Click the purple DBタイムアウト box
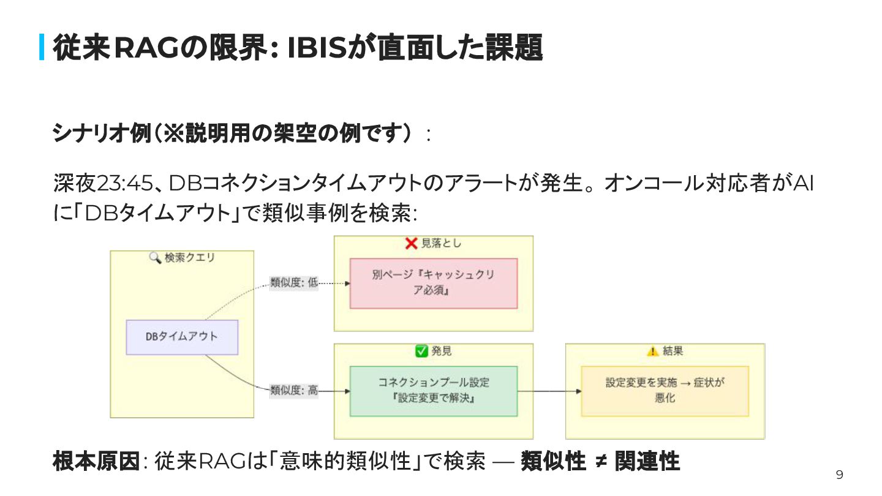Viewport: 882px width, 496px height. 182,337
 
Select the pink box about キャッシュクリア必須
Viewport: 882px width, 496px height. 433,283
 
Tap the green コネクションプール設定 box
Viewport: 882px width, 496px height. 433,391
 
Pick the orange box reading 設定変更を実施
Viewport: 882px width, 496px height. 665,391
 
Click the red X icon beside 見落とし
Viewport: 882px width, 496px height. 412,244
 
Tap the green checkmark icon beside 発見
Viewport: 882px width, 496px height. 421,351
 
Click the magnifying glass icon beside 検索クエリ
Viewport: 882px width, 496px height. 155,258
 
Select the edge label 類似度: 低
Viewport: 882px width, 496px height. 294,283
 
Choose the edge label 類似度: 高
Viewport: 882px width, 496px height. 294,391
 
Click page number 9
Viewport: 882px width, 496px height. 839,475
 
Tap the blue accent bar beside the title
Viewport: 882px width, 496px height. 42,47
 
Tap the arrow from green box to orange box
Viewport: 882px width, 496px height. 549,391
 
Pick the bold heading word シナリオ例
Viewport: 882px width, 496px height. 101,133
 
